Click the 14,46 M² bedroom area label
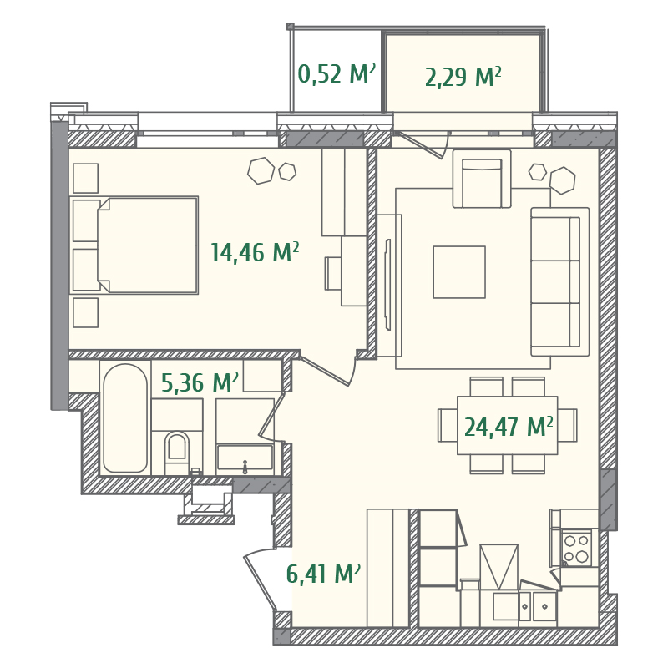(255, 252)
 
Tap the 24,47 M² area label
(509, 427)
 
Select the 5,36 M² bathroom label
(200, 383)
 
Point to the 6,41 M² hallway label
(323, 574)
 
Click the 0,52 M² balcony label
(337, 75)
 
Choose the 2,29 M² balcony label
(463, 78)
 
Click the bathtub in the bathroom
(125, 417)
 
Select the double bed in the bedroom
(146, 245)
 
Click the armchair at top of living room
(482, 180)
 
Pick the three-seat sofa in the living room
(559, 281)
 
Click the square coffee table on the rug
(459, 272)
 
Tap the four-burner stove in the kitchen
(576, 548)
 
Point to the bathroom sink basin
(245, 458)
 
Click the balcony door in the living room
(423, 144)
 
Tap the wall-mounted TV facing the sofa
(387, 285)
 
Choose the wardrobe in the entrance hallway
(387, 568)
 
